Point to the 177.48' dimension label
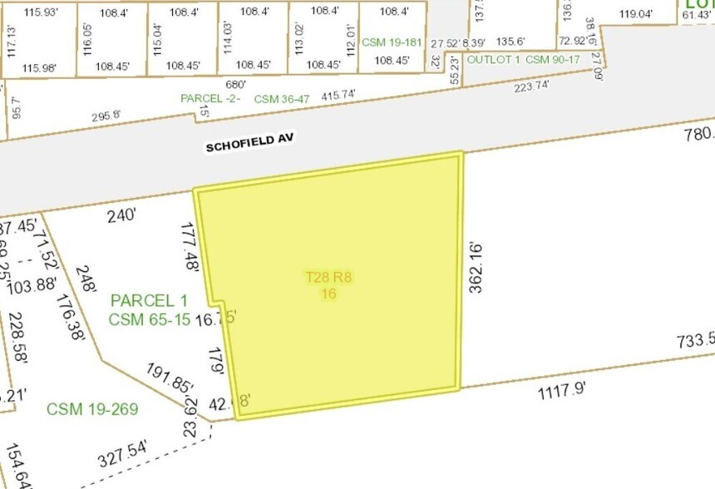pos(189,246)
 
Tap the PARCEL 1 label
pos(149,300)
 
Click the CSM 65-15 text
pos(149,318)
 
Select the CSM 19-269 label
pos(92,408)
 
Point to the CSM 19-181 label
pos(392,41)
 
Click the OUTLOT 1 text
pos(494,60)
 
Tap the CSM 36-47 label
pos(281,99)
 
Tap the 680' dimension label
pos(235,84)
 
